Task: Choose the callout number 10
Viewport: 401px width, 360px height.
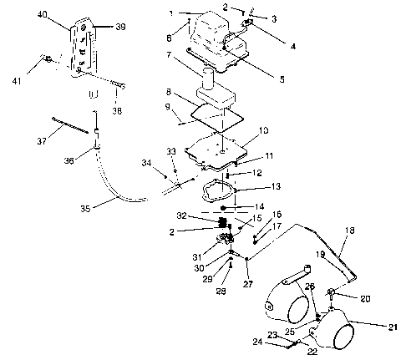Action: (263, 130)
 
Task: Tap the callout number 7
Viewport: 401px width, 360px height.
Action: (169, 55)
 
